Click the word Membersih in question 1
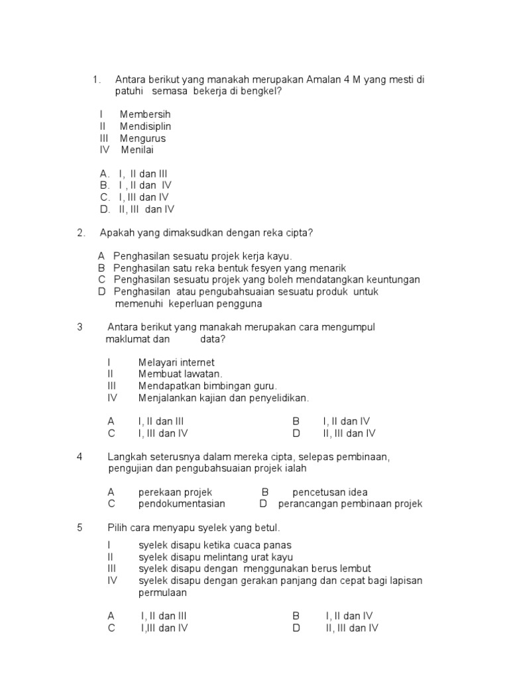145,115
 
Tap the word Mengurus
142,138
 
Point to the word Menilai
137,150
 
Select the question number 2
80,232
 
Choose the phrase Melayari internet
177,363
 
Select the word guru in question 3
264,386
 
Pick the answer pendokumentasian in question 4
182,504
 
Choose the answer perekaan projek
175,492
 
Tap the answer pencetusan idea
330,492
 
